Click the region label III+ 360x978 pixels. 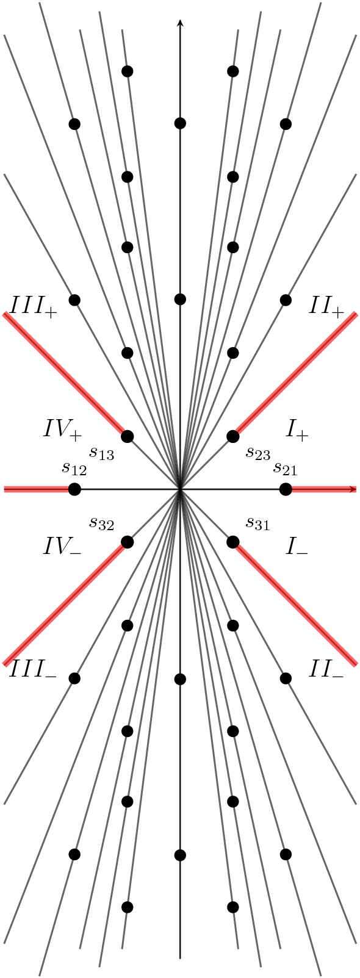(x=34, y=306)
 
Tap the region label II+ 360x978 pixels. (x=326, y=306)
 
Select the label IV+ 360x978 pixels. (x=62, y=430)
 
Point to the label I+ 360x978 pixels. (x=298, y=430)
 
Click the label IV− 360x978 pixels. (x=62, y=546)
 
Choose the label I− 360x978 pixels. (x=298, y=547)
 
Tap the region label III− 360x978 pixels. (x=34, y=671)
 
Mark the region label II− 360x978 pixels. (x=326, y=671)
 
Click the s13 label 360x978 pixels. (x=102, y=453)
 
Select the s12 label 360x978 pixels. (x=74, y=469)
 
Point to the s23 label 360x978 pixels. (x=258, y=453)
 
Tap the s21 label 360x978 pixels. (x=285, y=469)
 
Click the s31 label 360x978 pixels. (x=258, y=523)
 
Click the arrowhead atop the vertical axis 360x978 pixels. (x=180, y=23)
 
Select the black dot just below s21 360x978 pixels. (x=286, y=489)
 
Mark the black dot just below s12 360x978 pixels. (x=74, y=489)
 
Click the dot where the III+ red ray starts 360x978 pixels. (x=128, y=436)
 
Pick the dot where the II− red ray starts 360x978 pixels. (x=232, y=542)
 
